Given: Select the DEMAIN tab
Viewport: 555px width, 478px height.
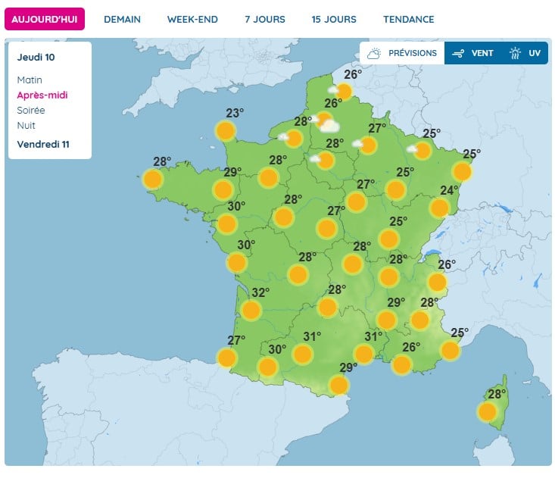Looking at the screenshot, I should tap(122, 19).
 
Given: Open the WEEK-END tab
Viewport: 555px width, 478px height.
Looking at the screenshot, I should tap(192, 19).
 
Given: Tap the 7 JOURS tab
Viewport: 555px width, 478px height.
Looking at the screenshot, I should tap(265, 19).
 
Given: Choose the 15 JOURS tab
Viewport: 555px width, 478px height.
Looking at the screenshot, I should tap(334, 19).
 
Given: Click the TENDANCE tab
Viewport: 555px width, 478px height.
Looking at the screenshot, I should tap(409, 19).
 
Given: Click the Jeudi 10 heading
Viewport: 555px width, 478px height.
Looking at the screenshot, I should tap(36, 57).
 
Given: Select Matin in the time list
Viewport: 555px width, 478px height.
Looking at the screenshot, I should tap(30, 80).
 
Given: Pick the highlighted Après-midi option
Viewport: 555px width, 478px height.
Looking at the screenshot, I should tap(42, 95).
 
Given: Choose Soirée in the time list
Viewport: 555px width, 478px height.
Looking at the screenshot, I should tap(31, 111).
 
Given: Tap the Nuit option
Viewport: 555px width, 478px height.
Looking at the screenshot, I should tap(26, 126).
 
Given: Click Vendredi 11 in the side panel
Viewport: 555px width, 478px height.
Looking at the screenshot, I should tap(43, 144).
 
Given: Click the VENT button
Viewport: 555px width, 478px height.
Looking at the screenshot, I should tap(473, 53).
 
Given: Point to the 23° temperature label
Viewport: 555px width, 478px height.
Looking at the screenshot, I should tap(235, 114).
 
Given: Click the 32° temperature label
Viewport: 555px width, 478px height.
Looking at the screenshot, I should tap(260, 293).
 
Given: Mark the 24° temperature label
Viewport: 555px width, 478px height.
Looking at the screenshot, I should tap(450, 190).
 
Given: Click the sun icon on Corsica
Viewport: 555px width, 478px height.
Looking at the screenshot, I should tap(487, 412).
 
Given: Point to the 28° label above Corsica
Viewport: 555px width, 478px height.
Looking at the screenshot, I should tap(497, 395).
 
